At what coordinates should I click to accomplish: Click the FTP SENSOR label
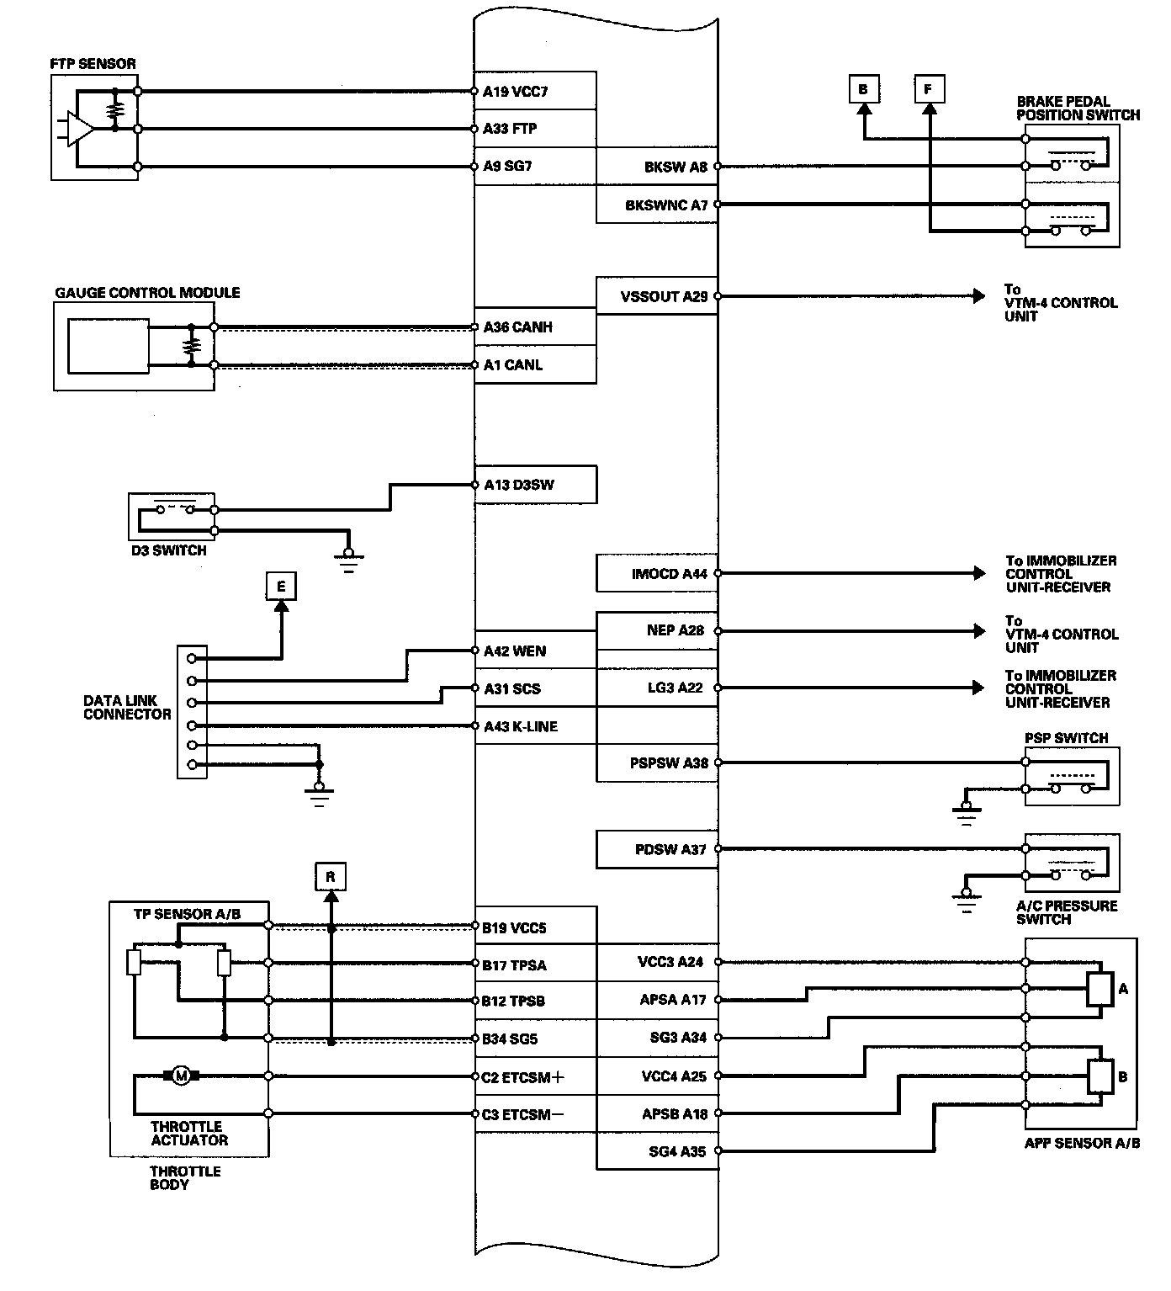(93, 64)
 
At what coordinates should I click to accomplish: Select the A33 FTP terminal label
(510, 129)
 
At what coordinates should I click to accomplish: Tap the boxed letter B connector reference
(863, 89)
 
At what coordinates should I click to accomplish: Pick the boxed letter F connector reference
(929, 89)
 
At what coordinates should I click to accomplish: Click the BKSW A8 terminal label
(676, 167)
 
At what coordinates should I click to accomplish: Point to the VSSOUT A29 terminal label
(664, 297)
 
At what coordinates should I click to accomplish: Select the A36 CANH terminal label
(518, 327)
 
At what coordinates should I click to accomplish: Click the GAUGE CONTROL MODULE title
(147, 293)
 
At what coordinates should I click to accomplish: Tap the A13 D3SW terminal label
(518, 486)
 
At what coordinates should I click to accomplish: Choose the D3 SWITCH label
(169, 551)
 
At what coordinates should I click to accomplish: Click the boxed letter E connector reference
(281, 587)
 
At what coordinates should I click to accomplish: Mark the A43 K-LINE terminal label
(521, 726)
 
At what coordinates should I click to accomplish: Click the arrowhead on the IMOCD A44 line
(979, 573)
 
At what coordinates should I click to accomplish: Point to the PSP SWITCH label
(1066, 738)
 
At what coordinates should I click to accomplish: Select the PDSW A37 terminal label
(670, 849)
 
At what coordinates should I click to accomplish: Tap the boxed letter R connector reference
(331, 877)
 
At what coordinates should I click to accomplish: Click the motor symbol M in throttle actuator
(182, 1076)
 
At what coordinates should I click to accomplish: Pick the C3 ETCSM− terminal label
(522, 1114)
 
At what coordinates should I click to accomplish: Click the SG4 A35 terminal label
(677, 1151)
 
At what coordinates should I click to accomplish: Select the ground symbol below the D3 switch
(349, 560)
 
